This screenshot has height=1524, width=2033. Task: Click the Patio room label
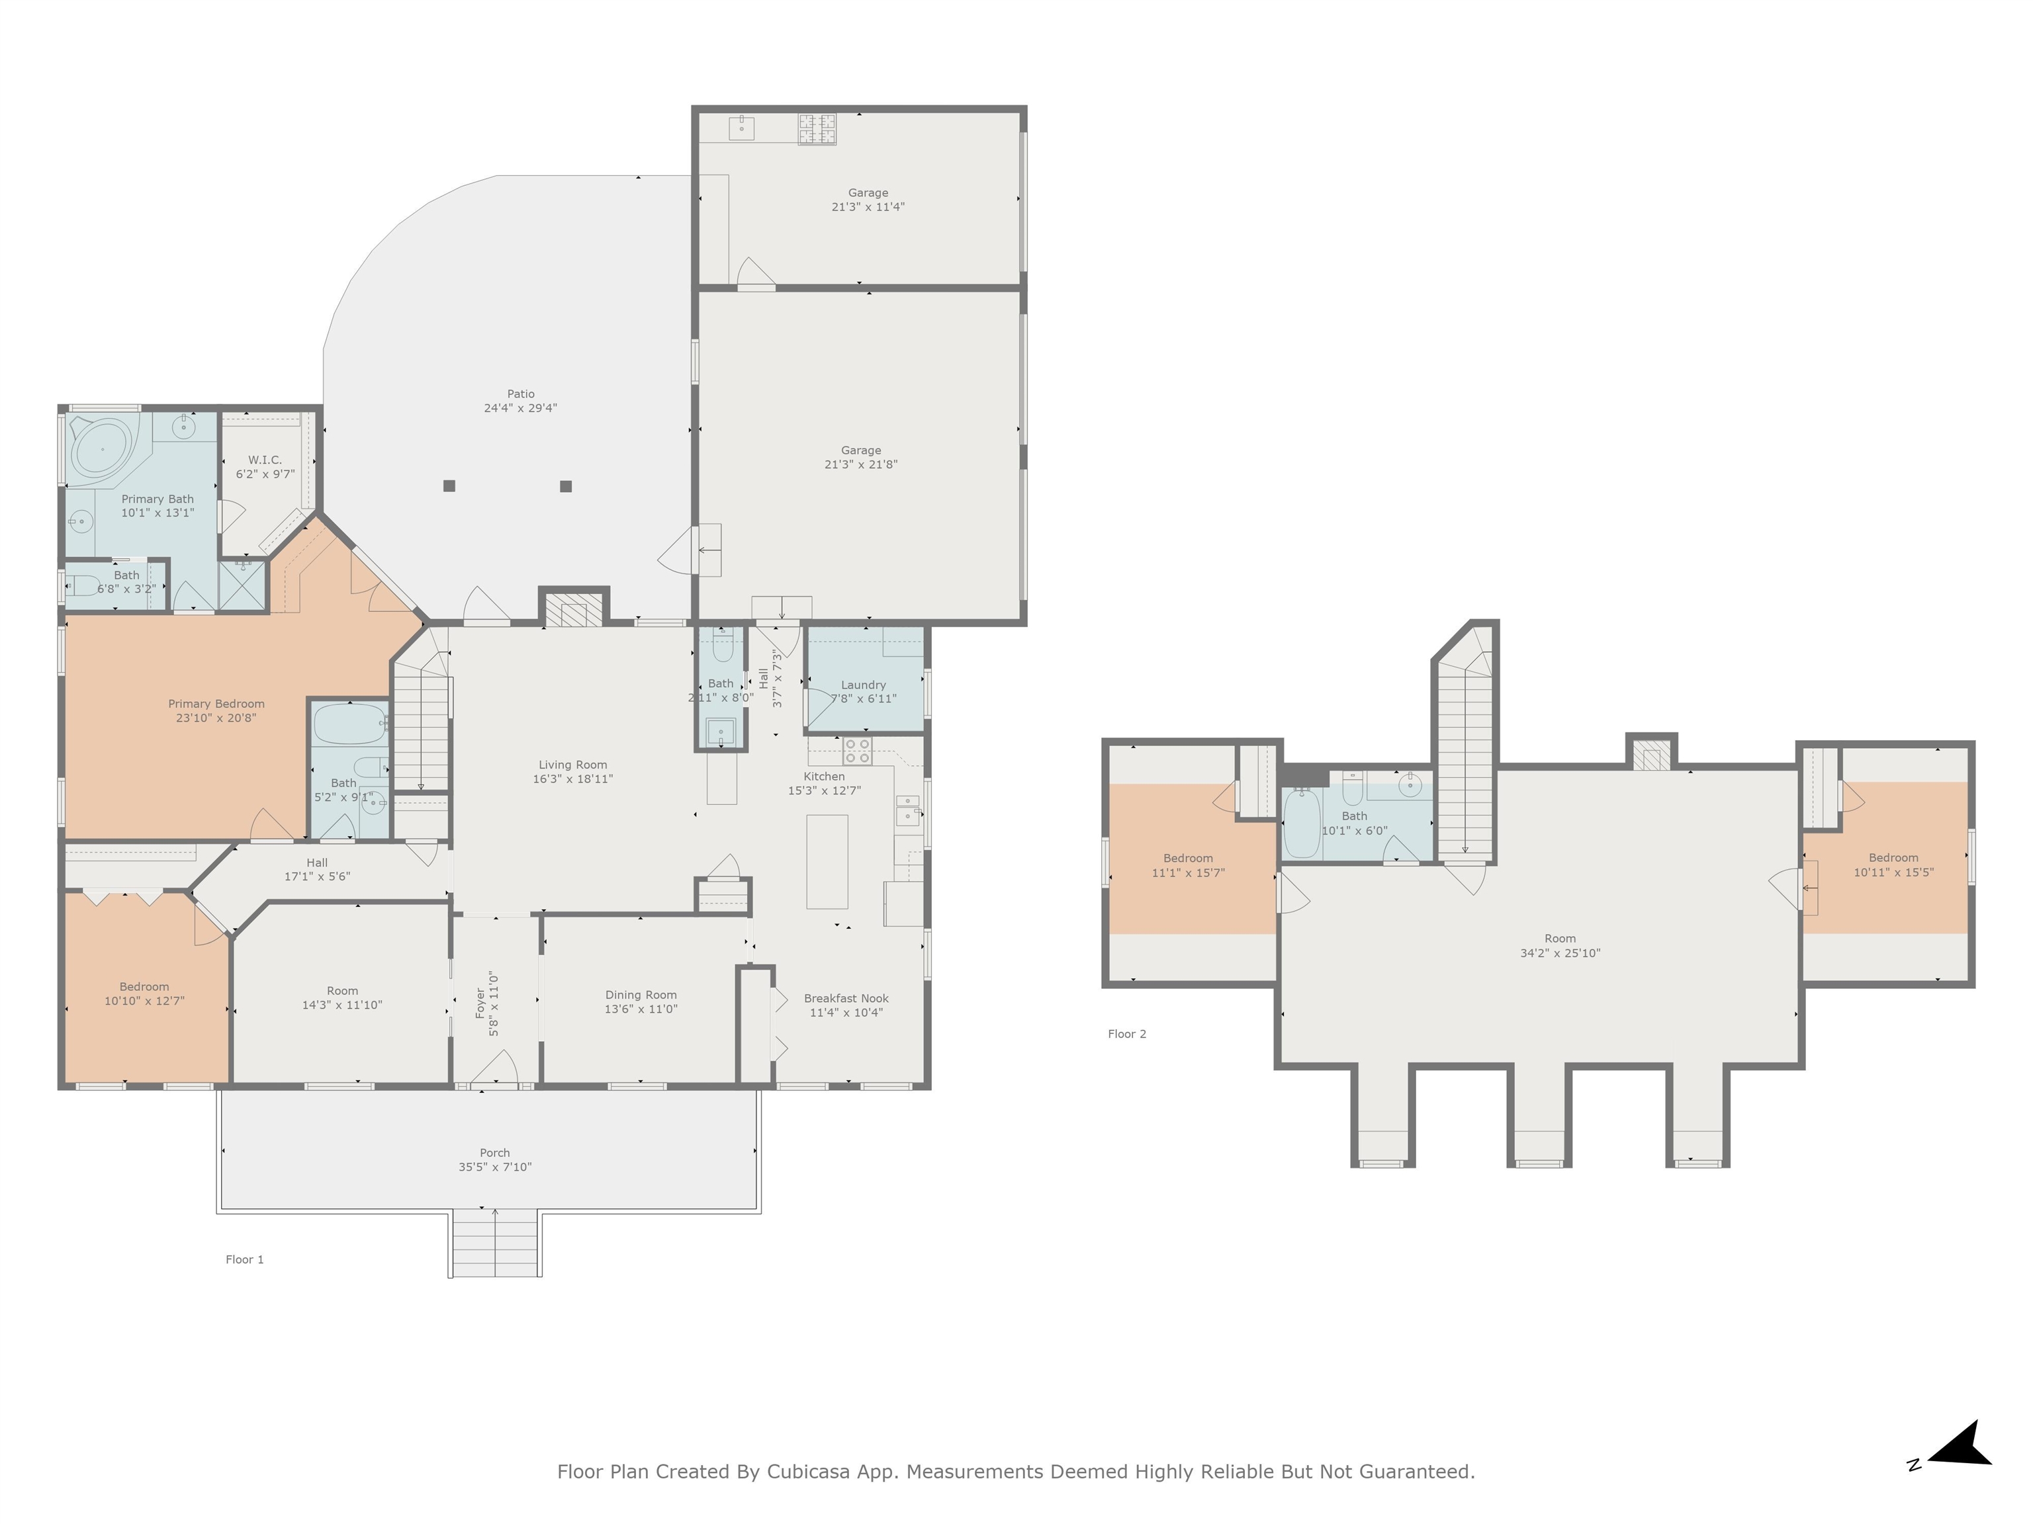[520, 394]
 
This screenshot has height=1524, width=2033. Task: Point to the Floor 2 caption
[1127, 1035]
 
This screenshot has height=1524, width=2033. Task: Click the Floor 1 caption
[244, 1259]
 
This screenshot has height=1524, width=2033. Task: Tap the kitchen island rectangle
[827, 862]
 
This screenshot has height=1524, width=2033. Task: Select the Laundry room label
[863, 685]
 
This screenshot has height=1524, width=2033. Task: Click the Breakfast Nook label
[846, 999]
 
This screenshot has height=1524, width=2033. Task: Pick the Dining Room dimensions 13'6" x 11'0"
[641, 1009]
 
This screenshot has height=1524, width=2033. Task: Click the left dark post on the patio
[449, 486]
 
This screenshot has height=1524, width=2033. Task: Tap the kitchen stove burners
[856, 751]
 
